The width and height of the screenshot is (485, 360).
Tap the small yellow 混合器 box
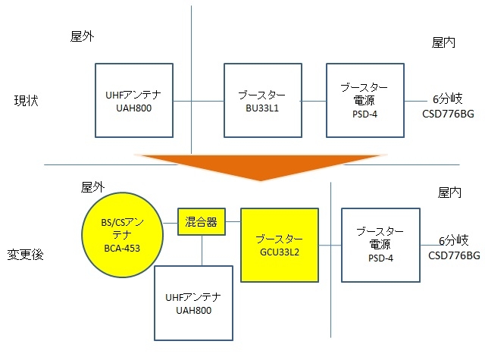pos(202,221)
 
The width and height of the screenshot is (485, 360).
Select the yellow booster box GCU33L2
pos(279,245)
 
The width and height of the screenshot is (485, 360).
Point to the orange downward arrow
pos(260,167)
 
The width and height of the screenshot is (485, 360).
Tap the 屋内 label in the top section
pos(443,43)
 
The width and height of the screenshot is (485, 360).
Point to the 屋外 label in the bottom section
pos(92,187)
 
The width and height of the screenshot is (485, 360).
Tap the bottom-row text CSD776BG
pos(454,255)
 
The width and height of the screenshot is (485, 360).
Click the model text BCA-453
pos(120,248)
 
